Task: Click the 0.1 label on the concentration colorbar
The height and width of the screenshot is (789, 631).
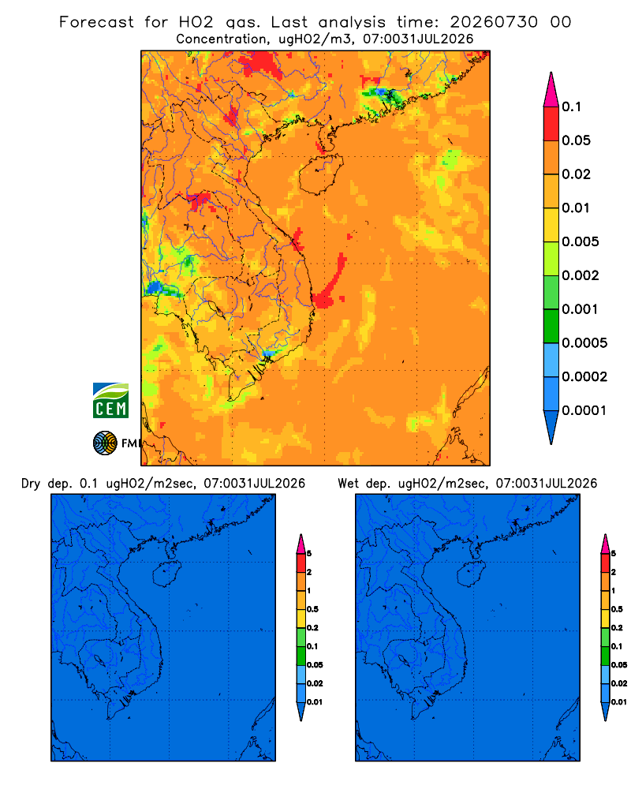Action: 571,107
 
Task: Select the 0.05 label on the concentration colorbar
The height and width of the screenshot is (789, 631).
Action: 576,140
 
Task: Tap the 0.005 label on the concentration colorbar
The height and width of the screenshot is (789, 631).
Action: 581,241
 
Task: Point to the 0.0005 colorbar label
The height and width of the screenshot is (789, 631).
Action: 584,343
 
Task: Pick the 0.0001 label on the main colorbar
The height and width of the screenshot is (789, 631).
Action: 584,410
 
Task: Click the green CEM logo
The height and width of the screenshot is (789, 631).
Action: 110,401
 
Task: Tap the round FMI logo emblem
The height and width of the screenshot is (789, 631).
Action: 105,443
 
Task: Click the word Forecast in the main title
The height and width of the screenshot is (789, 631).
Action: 96,22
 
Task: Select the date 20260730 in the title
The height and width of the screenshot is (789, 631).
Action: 494,22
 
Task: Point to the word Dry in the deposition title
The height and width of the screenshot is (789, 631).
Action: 31,484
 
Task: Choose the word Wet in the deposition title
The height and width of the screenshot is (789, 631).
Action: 348,484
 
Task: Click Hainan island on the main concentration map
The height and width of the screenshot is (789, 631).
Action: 321,174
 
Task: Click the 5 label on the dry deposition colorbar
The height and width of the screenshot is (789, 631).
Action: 309,554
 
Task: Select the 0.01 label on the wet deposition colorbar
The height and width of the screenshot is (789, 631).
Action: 619,702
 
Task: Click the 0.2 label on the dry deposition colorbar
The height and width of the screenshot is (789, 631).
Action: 312,628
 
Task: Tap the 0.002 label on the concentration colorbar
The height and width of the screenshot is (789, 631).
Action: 581,275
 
